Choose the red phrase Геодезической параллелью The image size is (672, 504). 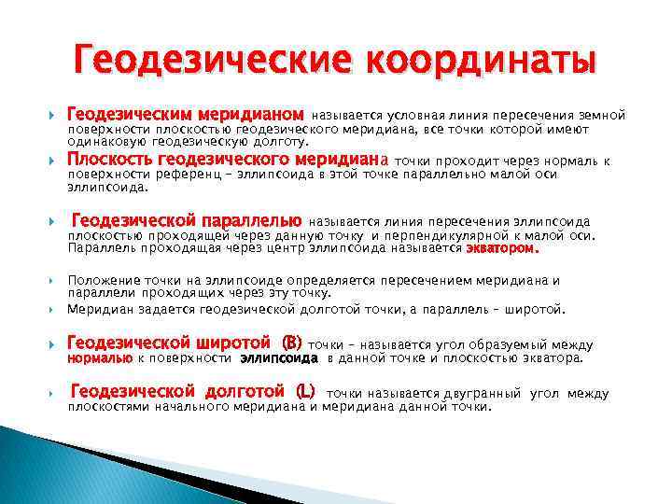(x=187, y=221)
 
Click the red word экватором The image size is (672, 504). (x=502, y=249)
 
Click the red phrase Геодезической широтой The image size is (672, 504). (x=173, y=343)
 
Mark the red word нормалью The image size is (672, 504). (x=99, y=357)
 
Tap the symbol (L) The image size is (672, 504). (x=304, y=393)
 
